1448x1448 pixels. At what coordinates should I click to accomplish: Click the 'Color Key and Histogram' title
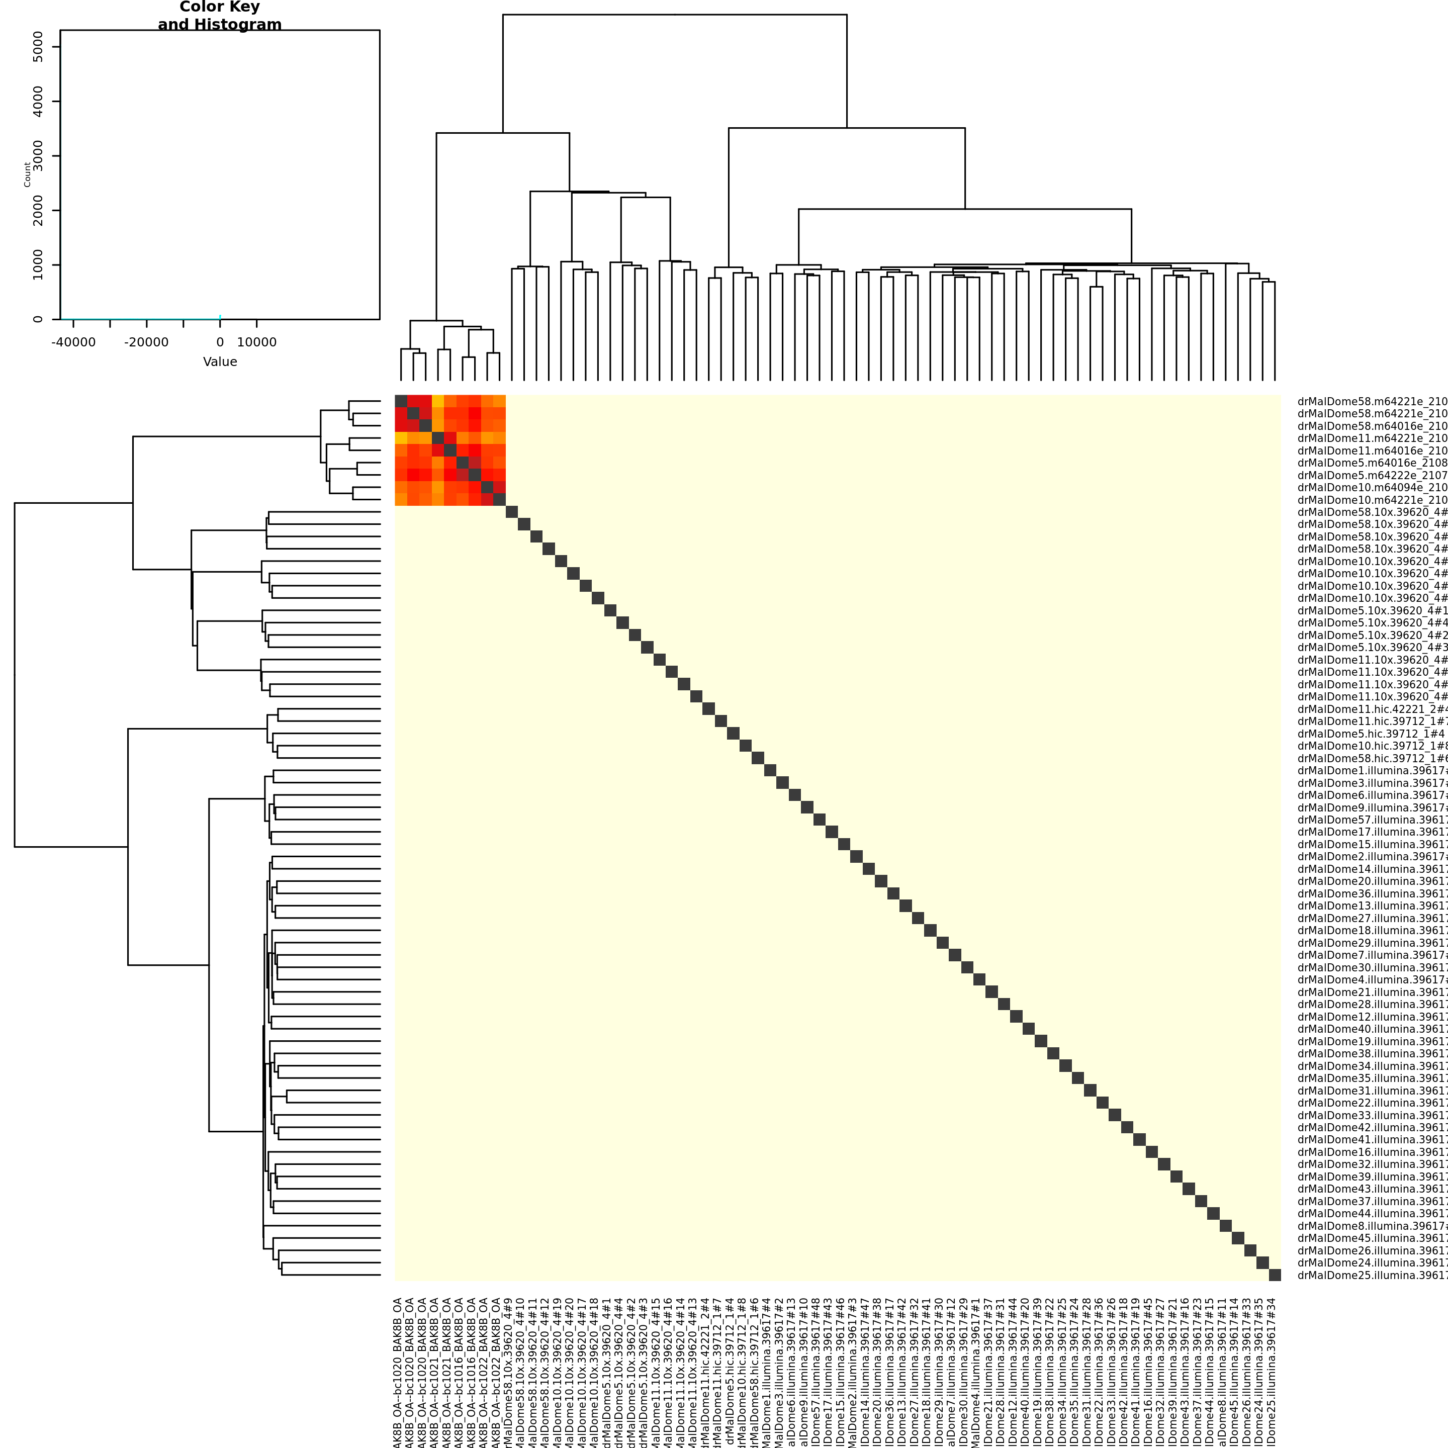pyautogui.click(x=220, y=16)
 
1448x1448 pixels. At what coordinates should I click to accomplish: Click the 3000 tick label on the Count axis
pyautogui.click(x=38, y=156)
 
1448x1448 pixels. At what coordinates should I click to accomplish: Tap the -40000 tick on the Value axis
pyautogui.click(x=73, y=323)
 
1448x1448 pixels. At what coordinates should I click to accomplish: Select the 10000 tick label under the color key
pyautogui.click(x=256, y=342)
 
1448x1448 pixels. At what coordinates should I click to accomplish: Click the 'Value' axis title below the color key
pyautogui.click(x=220, y=362)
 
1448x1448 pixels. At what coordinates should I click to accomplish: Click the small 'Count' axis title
pyautogui.click(x=27, y=174)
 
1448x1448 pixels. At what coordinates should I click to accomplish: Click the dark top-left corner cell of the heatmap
pyautogui.click(x=401, y=401)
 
